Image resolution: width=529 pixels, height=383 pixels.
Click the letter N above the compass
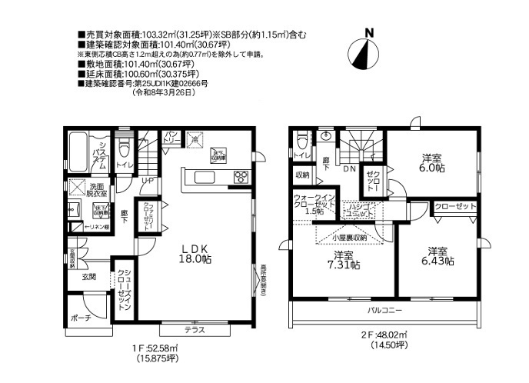pyautogui.click(x=369, y=33)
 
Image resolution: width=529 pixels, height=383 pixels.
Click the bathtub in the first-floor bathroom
pyautogui.click(x=77, y=150)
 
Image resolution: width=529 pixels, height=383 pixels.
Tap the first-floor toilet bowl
pyautogui.click(x=125, y=148)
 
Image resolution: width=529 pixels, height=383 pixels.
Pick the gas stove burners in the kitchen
pyautogui.click(x=241, y=176)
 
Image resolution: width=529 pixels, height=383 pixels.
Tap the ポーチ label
pyautogui.click(x=79, y=318)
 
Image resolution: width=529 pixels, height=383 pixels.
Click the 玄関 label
pyautogui.click(x=88, y=276)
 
